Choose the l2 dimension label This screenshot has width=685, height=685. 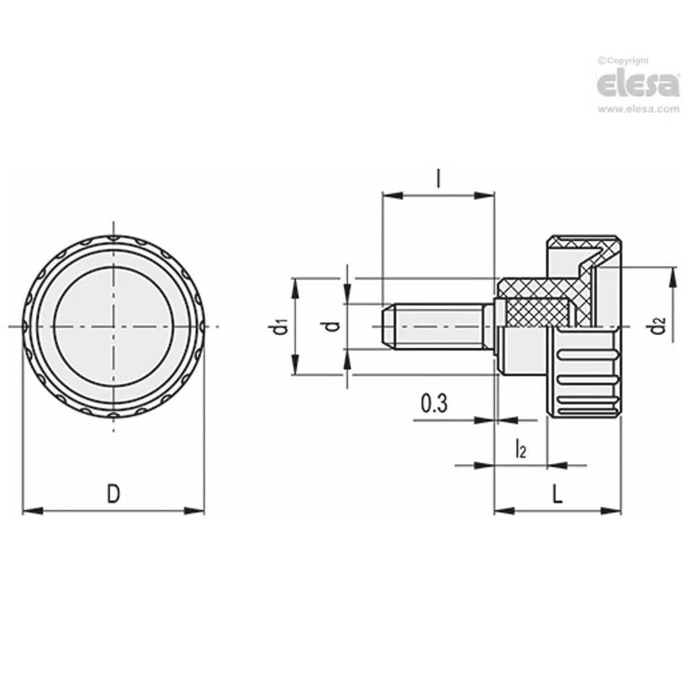pos(520,450)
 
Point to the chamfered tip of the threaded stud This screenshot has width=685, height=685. pos(387,326)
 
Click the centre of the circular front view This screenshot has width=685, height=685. pos(113,326)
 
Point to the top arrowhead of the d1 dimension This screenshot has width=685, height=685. pos(294,286)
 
